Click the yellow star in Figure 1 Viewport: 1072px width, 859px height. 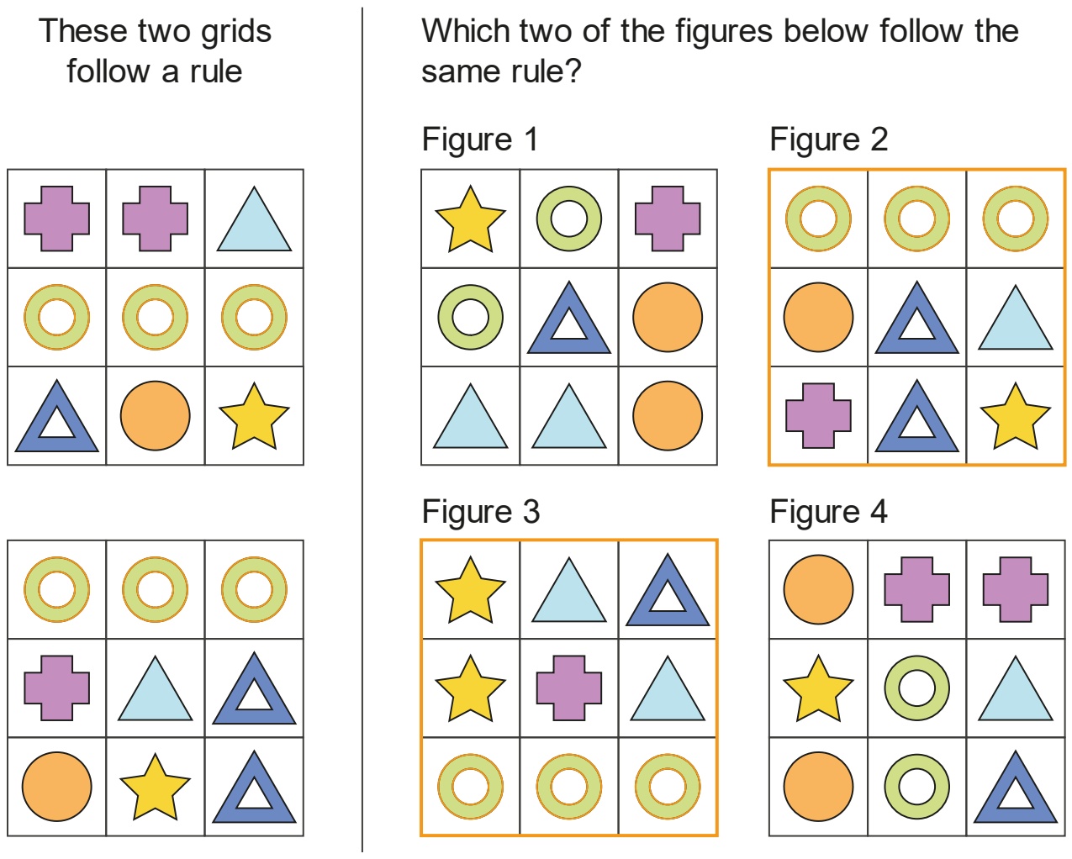[x=470, y=220]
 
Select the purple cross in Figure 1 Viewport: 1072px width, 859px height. [x=668, y=219]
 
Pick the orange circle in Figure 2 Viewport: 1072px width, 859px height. [x=818, y=317]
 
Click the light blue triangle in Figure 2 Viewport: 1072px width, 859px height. [x=1015, y=324]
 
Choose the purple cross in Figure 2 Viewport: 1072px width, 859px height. [x=818, y=416]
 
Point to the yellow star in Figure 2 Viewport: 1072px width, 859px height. [x=1015, y=417]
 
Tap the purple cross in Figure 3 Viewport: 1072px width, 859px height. [x=569, y=688]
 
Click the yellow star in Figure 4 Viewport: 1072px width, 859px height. [x=818, y=689]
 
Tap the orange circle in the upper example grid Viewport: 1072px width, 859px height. [x=155, y=416]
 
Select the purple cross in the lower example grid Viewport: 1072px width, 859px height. [x=57, y=688]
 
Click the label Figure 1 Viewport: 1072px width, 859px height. [x=480, y=139]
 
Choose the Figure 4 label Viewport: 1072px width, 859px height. [x=828, y=511]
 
